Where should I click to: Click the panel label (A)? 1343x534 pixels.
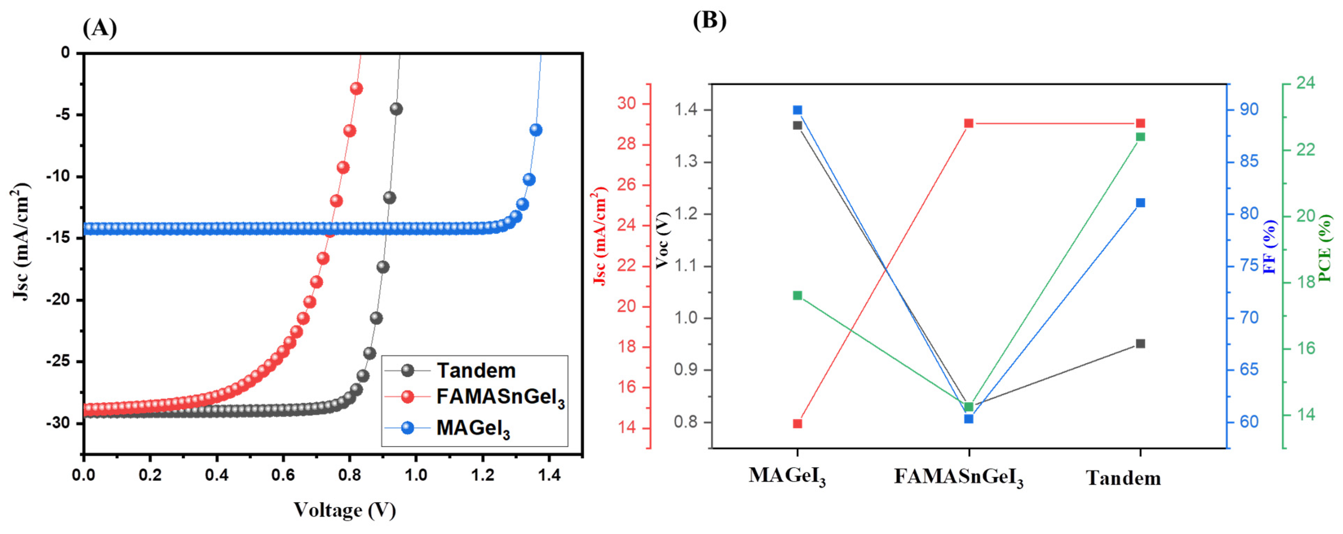99,28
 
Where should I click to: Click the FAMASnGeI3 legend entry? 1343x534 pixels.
499,398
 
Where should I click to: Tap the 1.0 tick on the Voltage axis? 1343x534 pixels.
416,475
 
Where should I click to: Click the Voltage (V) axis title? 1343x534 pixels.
345,510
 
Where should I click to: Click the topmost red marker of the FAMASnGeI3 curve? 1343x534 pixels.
357,89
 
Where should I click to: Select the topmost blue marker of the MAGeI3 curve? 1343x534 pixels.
536,130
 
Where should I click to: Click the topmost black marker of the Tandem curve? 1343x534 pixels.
396,109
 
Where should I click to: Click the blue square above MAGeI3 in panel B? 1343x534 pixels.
797,110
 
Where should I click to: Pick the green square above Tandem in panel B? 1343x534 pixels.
1140,136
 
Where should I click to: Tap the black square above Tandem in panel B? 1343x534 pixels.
1140,344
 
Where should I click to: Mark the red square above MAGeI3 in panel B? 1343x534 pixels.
797,423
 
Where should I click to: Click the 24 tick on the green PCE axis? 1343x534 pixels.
1305,83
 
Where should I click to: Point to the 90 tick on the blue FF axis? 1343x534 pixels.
1249,110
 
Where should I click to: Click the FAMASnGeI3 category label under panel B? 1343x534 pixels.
958,477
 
